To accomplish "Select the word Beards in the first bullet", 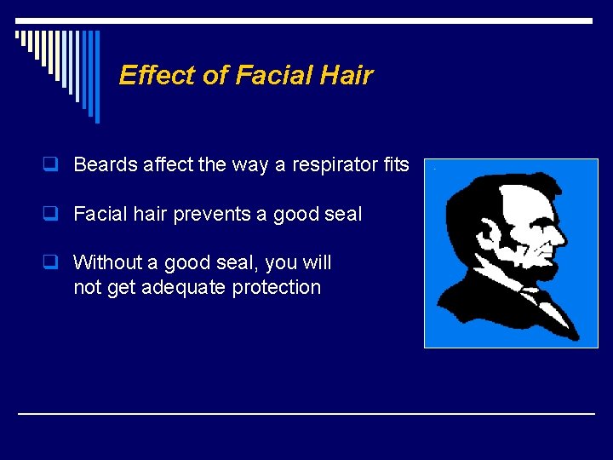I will (x=106, y=165).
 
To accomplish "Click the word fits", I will (x=396, y=165).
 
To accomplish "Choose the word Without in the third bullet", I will (x=106, y=263).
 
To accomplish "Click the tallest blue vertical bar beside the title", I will (x=96, y=76).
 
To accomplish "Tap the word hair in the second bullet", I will (x=151, y=215).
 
